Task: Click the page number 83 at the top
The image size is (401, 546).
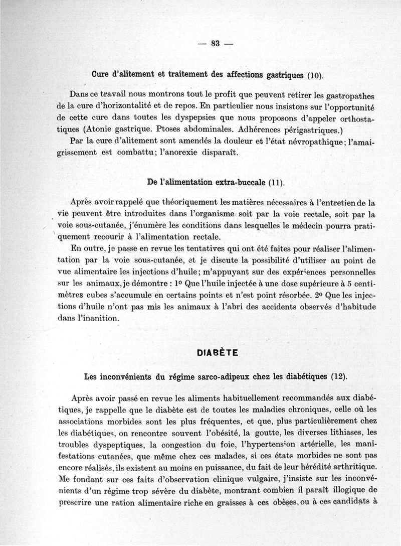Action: [216, 43]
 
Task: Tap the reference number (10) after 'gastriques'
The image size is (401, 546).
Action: [315, 77]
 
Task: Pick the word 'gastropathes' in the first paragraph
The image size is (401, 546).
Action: [350, 96]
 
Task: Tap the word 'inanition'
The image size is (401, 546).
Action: [101, 317]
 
